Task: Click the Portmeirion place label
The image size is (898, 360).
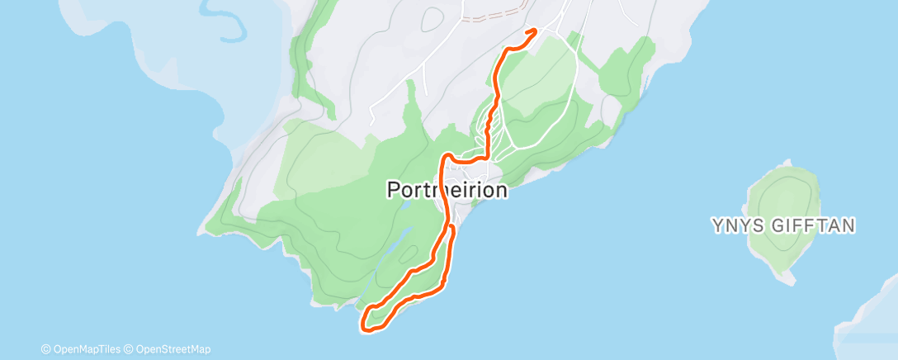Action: (x=447, y=190)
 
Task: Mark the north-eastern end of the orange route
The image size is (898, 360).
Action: (x=535, y=31)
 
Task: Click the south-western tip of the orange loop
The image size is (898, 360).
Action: (x=364, y=328)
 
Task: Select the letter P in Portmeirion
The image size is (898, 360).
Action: (x=395, y=190)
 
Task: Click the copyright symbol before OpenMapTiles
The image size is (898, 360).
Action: (x=45, y=349)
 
